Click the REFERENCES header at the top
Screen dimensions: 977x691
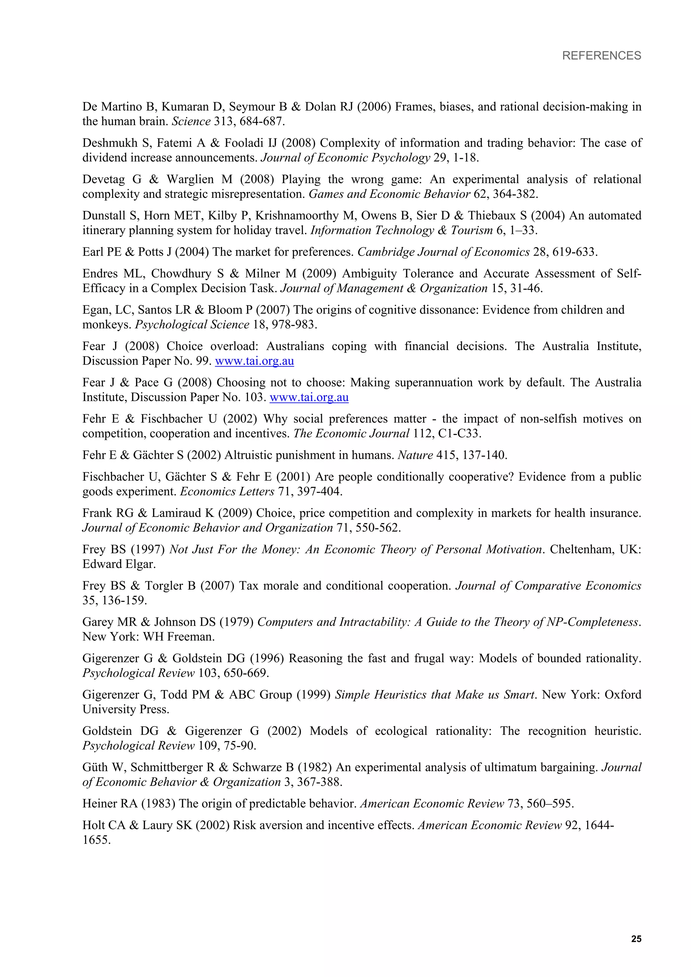(x=601, y=56)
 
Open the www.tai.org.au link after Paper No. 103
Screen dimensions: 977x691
(x=309, y=397)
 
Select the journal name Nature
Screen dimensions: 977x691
(x=415, y=455)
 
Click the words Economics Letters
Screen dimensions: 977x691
(x=227, y=492)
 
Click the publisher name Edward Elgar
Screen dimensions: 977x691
(x=119, y=564)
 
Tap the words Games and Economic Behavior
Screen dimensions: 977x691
(x=389, y=194)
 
